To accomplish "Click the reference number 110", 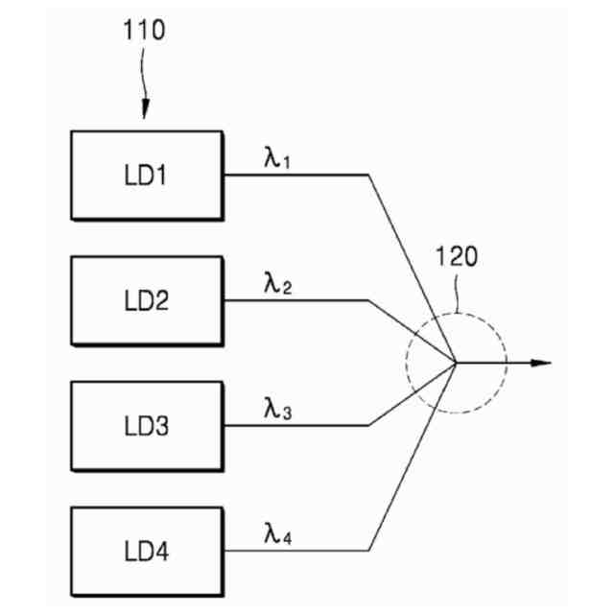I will click(x=144, y=31).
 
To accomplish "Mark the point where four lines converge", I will click(x=454, y=363).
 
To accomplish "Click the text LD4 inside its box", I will click(x=146, y=552).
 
